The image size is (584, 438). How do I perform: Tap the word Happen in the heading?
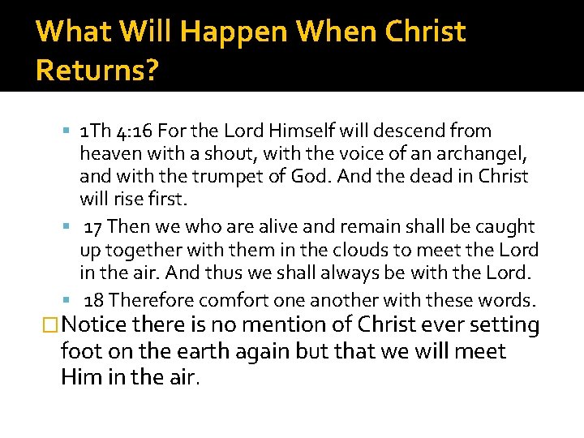tap(232, 32)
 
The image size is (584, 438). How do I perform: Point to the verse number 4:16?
tap(134, 131)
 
